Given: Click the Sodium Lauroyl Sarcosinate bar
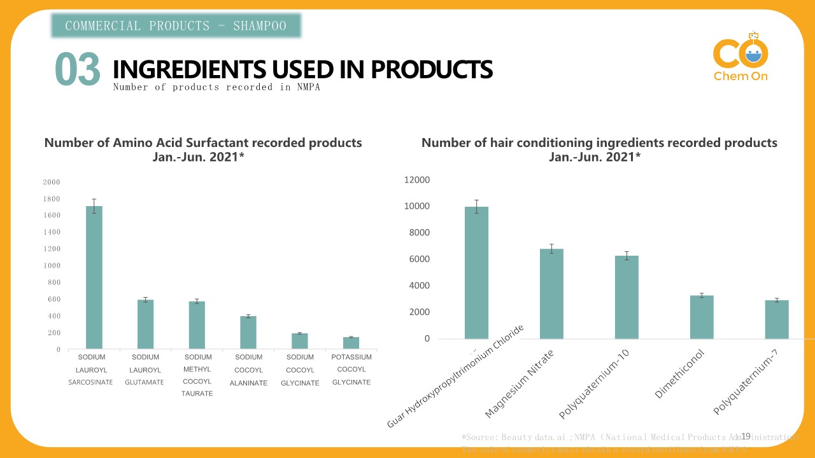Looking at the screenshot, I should click(94, 277).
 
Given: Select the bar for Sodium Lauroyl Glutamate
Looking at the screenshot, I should click(145, 324).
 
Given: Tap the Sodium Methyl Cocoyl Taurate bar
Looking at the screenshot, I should click(197, 325).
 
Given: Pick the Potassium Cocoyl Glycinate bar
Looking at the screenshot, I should click(351, 343).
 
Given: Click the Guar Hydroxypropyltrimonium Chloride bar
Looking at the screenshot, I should click(476, 273).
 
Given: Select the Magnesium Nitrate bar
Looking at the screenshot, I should click(551, 294).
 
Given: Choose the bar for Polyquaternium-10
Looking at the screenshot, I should click(627, 297).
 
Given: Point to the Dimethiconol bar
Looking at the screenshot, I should click(701, 317).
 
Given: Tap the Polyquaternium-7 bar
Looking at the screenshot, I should click(777, 319).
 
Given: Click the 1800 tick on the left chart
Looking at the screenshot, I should click(52, 199).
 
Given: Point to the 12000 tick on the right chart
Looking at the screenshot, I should click(417, 181).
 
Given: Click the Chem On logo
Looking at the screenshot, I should click(741, 57).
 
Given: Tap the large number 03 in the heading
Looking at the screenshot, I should click(78, 69).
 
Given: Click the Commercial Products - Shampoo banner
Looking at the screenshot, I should click(176, 26).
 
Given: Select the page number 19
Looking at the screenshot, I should click(746, 436).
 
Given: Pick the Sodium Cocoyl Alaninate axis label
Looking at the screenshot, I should click(248, 370).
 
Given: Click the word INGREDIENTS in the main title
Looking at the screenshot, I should click(190, 69).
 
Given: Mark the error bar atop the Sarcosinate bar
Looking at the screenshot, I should click(94, 206).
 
